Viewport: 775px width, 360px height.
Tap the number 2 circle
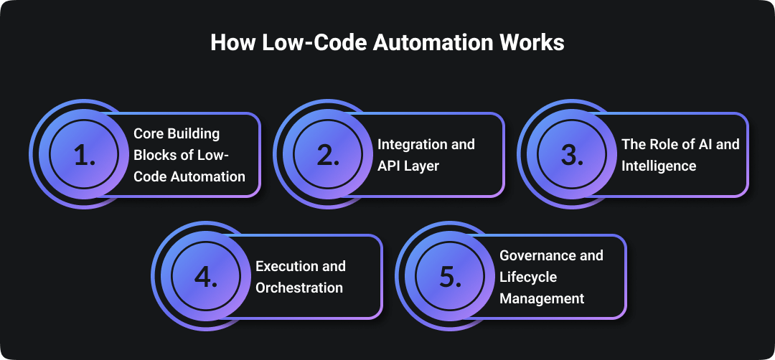(329, 154)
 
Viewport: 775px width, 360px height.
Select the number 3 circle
(573, 154)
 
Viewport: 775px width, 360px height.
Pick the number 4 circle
(207, 276)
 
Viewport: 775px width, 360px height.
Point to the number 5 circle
(451, 276)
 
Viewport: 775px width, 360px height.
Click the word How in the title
(229, 42)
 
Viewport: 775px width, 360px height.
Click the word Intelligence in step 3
(659, 166)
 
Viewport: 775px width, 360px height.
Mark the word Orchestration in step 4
(299, 288)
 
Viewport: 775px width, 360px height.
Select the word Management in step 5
(542, 298)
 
